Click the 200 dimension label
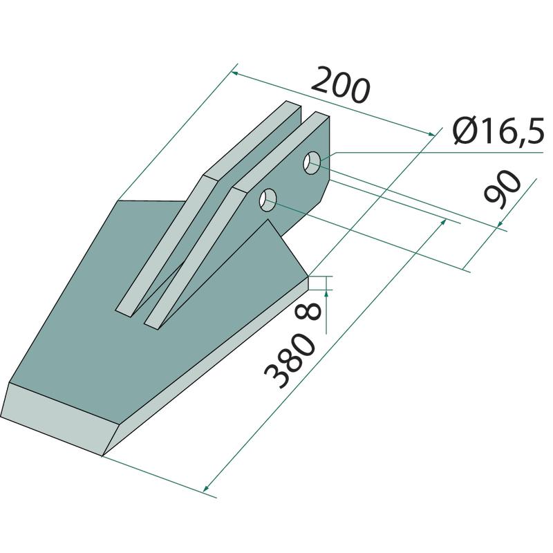(x=341, y=85)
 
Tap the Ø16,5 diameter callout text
(x=498, y=131)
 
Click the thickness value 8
(x=310, y=312)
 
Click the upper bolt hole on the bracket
(x=312, y=162)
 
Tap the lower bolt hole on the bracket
(x=268, y=200)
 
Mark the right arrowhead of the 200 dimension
(x=431, y=134)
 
